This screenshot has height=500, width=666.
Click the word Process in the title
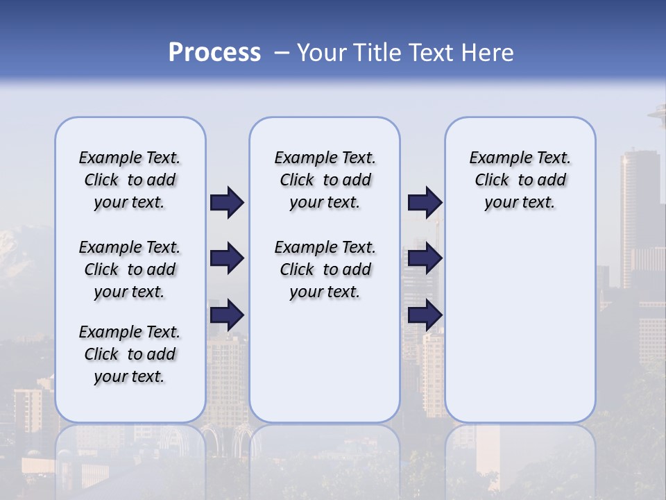click(214, 53)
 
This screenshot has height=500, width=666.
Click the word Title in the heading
click(376, 53)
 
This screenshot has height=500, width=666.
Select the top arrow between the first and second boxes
click(227, 203)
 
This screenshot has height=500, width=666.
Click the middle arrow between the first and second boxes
click(227, 258)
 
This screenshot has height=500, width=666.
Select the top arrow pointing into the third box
click(425, 203)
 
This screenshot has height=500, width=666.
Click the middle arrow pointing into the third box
click(425, 258)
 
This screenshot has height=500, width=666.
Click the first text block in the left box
click(130, 180)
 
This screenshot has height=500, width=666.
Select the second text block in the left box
click(130, 269)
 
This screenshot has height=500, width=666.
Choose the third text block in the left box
click(130, 354)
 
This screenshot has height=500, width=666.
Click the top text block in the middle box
click(325, 180)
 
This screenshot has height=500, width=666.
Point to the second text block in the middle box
click(325, 269)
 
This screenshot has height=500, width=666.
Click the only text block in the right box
click(520, 180)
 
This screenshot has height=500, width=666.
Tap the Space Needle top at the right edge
click(658, 111)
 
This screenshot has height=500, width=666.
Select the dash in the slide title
click(281, 53)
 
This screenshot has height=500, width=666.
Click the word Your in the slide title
click(323, 53)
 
